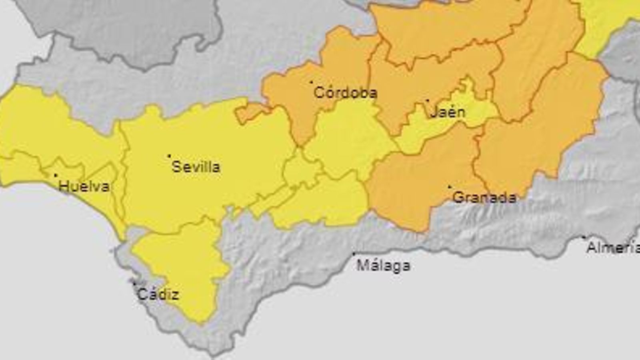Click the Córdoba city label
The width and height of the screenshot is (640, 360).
point(345,93)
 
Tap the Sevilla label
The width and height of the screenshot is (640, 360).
point(196,167)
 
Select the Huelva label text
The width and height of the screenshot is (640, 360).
point(84,186)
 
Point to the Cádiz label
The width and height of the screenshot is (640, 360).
point(158,295)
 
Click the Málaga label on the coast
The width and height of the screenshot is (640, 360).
point(383,265)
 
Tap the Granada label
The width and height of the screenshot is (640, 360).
point(484,197)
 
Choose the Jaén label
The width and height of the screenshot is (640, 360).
point(448,112)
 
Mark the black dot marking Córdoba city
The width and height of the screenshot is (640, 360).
point(312,82)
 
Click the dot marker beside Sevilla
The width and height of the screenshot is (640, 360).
point(169,156)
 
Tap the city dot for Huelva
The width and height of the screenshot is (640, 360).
point(56,175)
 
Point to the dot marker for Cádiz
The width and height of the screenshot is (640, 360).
point(134,284)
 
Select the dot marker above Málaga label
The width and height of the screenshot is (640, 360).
point(354,254)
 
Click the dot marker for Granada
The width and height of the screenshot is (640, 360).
point(449,186)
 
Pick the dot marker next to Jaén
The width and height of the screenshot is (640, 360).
point(427,100)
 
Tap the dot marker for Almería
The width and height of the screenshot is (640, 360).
point(584,237)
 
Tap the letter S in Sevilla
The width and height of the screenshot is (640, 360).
point(175,167)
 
